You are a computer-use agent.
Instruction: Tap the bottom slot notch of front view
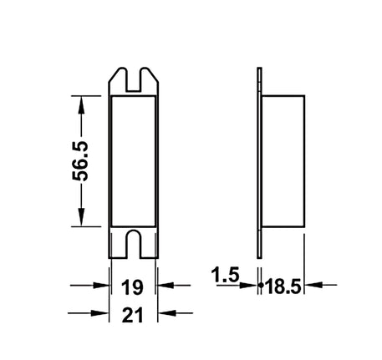(x=134, y=243)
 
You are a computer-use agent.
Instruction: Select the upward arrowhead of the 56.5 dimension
(x=81, y=103)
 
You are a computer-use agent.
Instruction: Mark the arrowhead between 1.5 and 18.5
(x=259, y=286)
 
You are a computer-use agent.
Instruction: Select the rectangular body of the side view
(x=284, y=161)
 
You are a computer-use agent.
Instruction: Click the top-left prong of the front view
(x=118, y=78)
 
